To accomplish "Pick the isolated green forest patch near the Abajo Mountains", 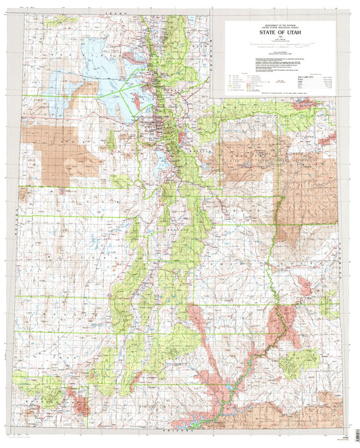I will (x=298, y=360).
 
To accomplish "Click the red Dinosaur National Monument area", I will (x=328, y=140).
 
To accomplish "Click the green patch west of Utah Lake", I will (x=111, y=140).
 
